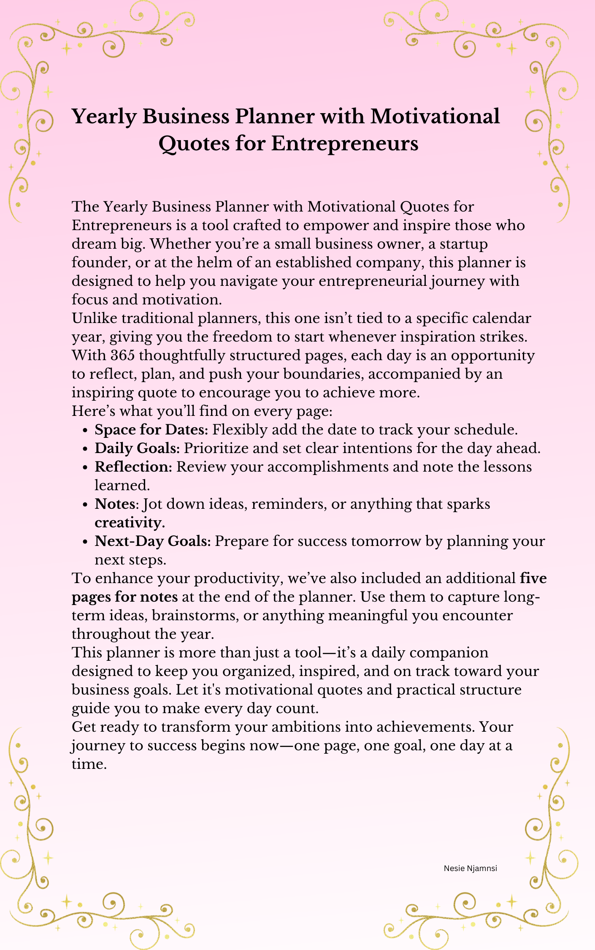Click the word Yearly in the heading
pyautogui.click(x=104, y=117)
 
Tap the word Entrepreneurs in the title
pyautogui.click(x=344, y=144)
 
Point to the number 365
pyautogui.click(x=122, y=356)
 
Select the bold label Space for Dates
pyautogui.click(x=151, y=430)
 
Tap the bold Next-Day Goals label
pyautogui.click(x=153, y=541)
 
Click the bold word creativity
pyautogui.click(x=129, y=523)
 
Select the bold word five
pyautogui.click(x=533, y=578)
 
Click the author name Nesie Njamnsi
pyautogui.click(x=470, y=869)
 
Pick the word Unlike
pyautogui.click(x=95, y=318)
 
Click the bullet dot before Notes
pyautogui.click(x=85, y=505)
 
